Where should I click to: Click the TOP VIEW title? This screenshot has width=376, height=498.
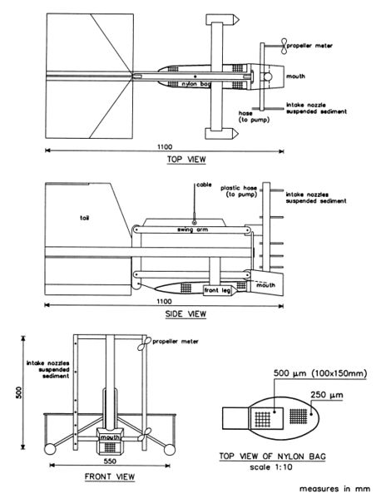186,159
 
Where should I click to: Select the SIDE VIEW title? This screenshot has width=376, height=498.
186,313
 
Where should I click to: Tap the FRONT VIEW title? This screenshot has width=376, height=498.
110,476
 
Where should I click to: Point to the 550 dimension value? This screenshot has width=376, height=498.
110,461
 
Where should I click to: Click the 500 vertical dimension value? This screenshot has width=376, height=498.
19,392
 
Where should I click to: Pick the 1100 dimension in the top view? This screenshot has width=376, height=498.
165,146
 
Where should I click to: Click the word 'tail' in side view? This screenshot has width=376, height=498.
85,218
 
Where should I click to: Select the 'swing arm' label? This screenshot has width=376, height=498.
193,229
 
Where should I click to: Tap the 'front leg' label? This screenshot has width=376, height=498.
217,290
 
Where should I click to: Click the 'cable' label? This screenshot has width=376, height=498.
204,185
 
